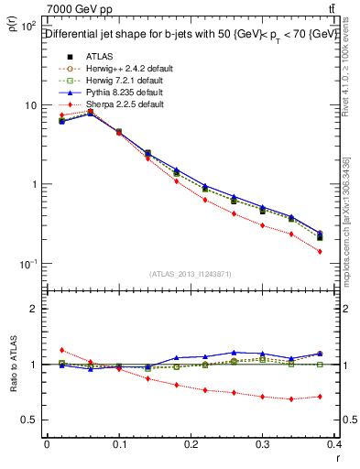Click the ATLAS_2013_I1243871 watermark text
point(191,274)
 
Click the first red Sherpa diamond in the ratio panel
point(61,350)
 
